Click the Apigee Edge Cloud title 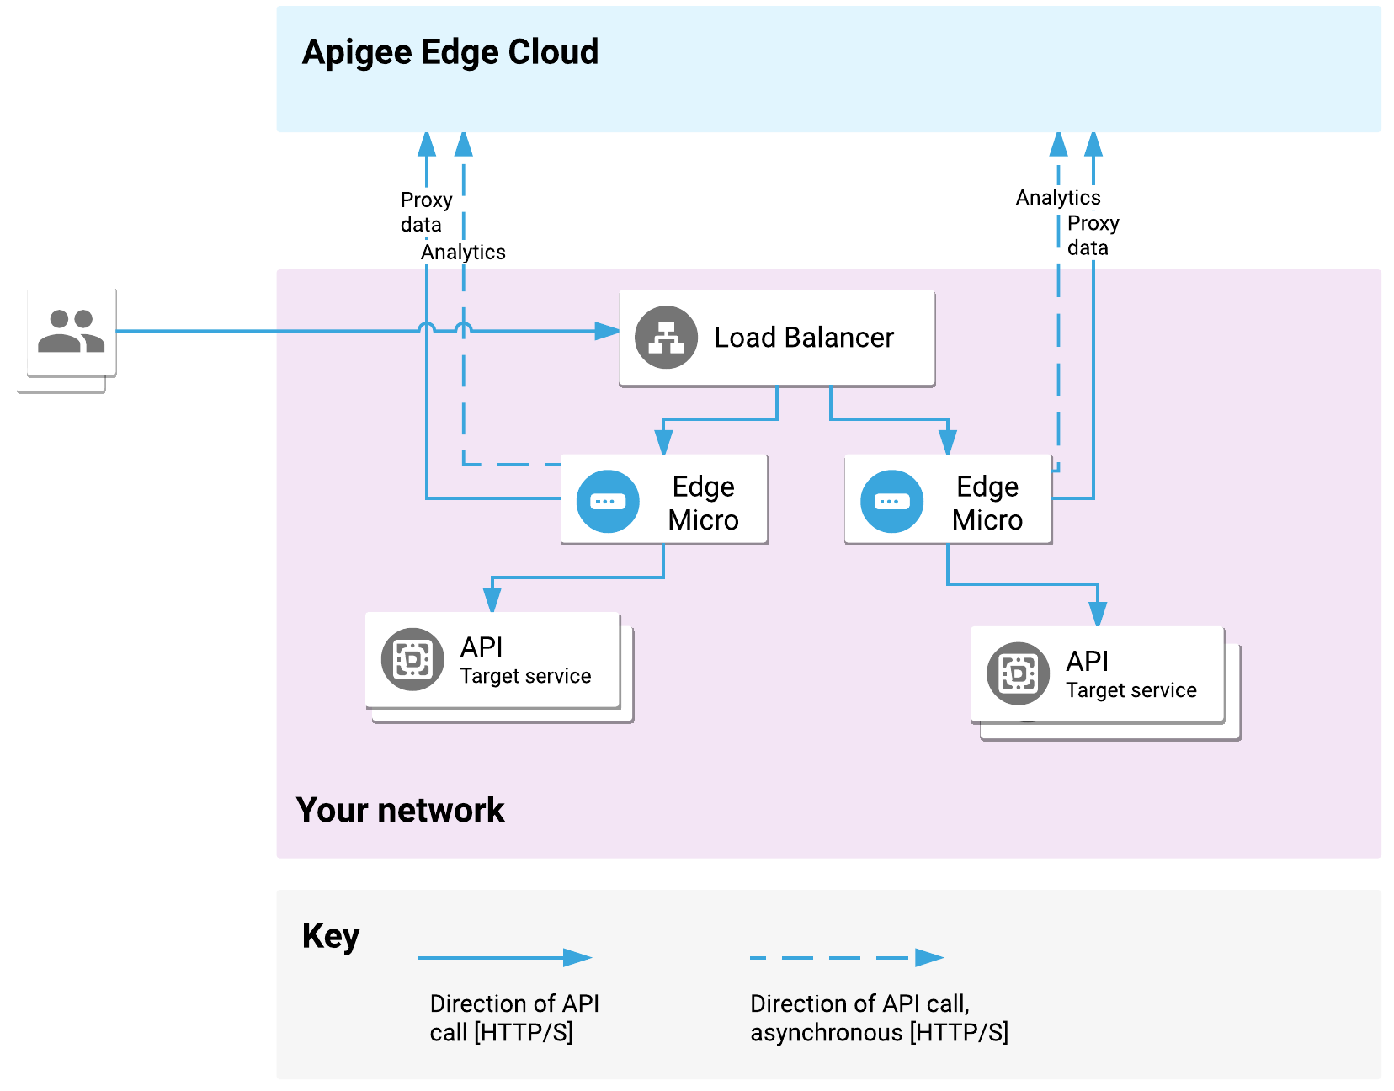point(450,52)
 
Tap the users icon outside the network point(72,332)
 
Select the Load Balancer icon point(666,338)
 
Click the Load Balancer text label point(803,338)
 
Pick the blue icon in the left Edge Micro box point(608,502)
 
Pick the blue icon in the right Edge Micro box point(891,502)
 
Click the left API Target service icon point(412,659)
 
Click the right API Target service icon point(1018,673)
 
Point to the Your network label point(400,810)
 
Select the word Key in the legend point(330,936)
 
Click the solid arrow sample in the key point(505,957)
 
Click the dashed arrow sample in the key point(846,957)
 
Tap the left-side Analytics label point(463,253)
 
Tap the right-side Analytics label point(1057,198)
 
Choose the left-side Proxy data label point(425,212)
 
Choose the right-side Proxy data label point(1093,236)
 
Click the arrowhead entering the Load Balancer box point(607,331)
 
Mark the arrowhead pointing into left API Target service point(492,599)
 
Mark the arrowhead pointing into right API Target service point(1098,614)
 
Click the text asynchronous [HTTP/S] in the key point(879,1033)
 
